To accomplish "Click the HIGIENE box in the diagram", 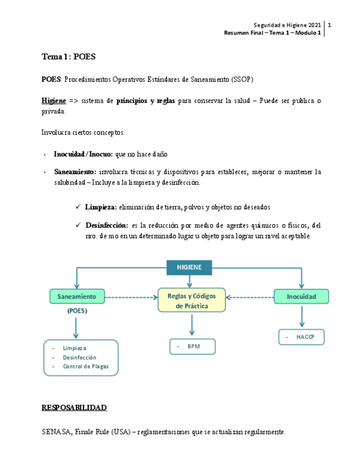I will [189, 267].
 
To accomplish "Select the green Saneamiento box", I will [76, 297].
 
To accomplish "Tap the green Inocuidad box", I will [301, 297].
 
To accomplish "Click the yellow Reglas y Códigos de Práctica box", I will [192, 301].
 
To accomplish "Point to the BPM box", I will [192, 347].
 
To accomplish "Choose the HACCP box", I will [301, 337].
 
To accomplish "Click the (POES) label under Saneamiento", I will [77, 311].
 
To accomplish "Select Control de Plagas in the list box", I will [86, 367].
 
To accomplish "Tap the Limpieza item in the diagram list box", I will [74, 348].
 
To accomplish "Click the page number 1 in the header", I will [329, 25].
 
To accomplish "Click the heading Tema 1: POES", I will [69, 57].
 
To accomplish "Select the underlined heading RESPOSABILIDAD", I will [74, 408].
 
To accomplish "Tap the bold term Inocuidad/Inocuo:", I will [83, 154].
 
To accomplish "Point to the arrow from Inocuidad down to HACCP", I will [301, 318].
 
